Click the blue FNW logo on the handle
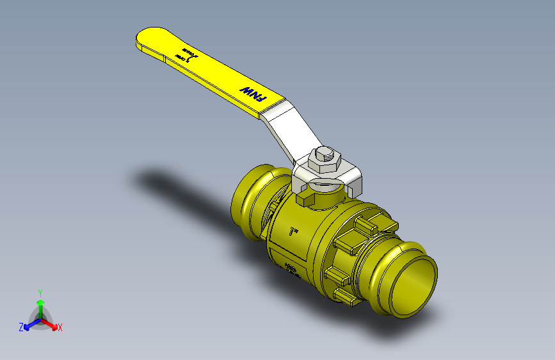point(252,94)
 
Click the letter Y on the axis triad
point(40,291)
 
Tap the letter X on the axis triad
point(60,327)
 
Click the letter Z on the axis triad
point(20,327)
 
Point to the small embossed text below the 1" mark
point(291,269)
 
